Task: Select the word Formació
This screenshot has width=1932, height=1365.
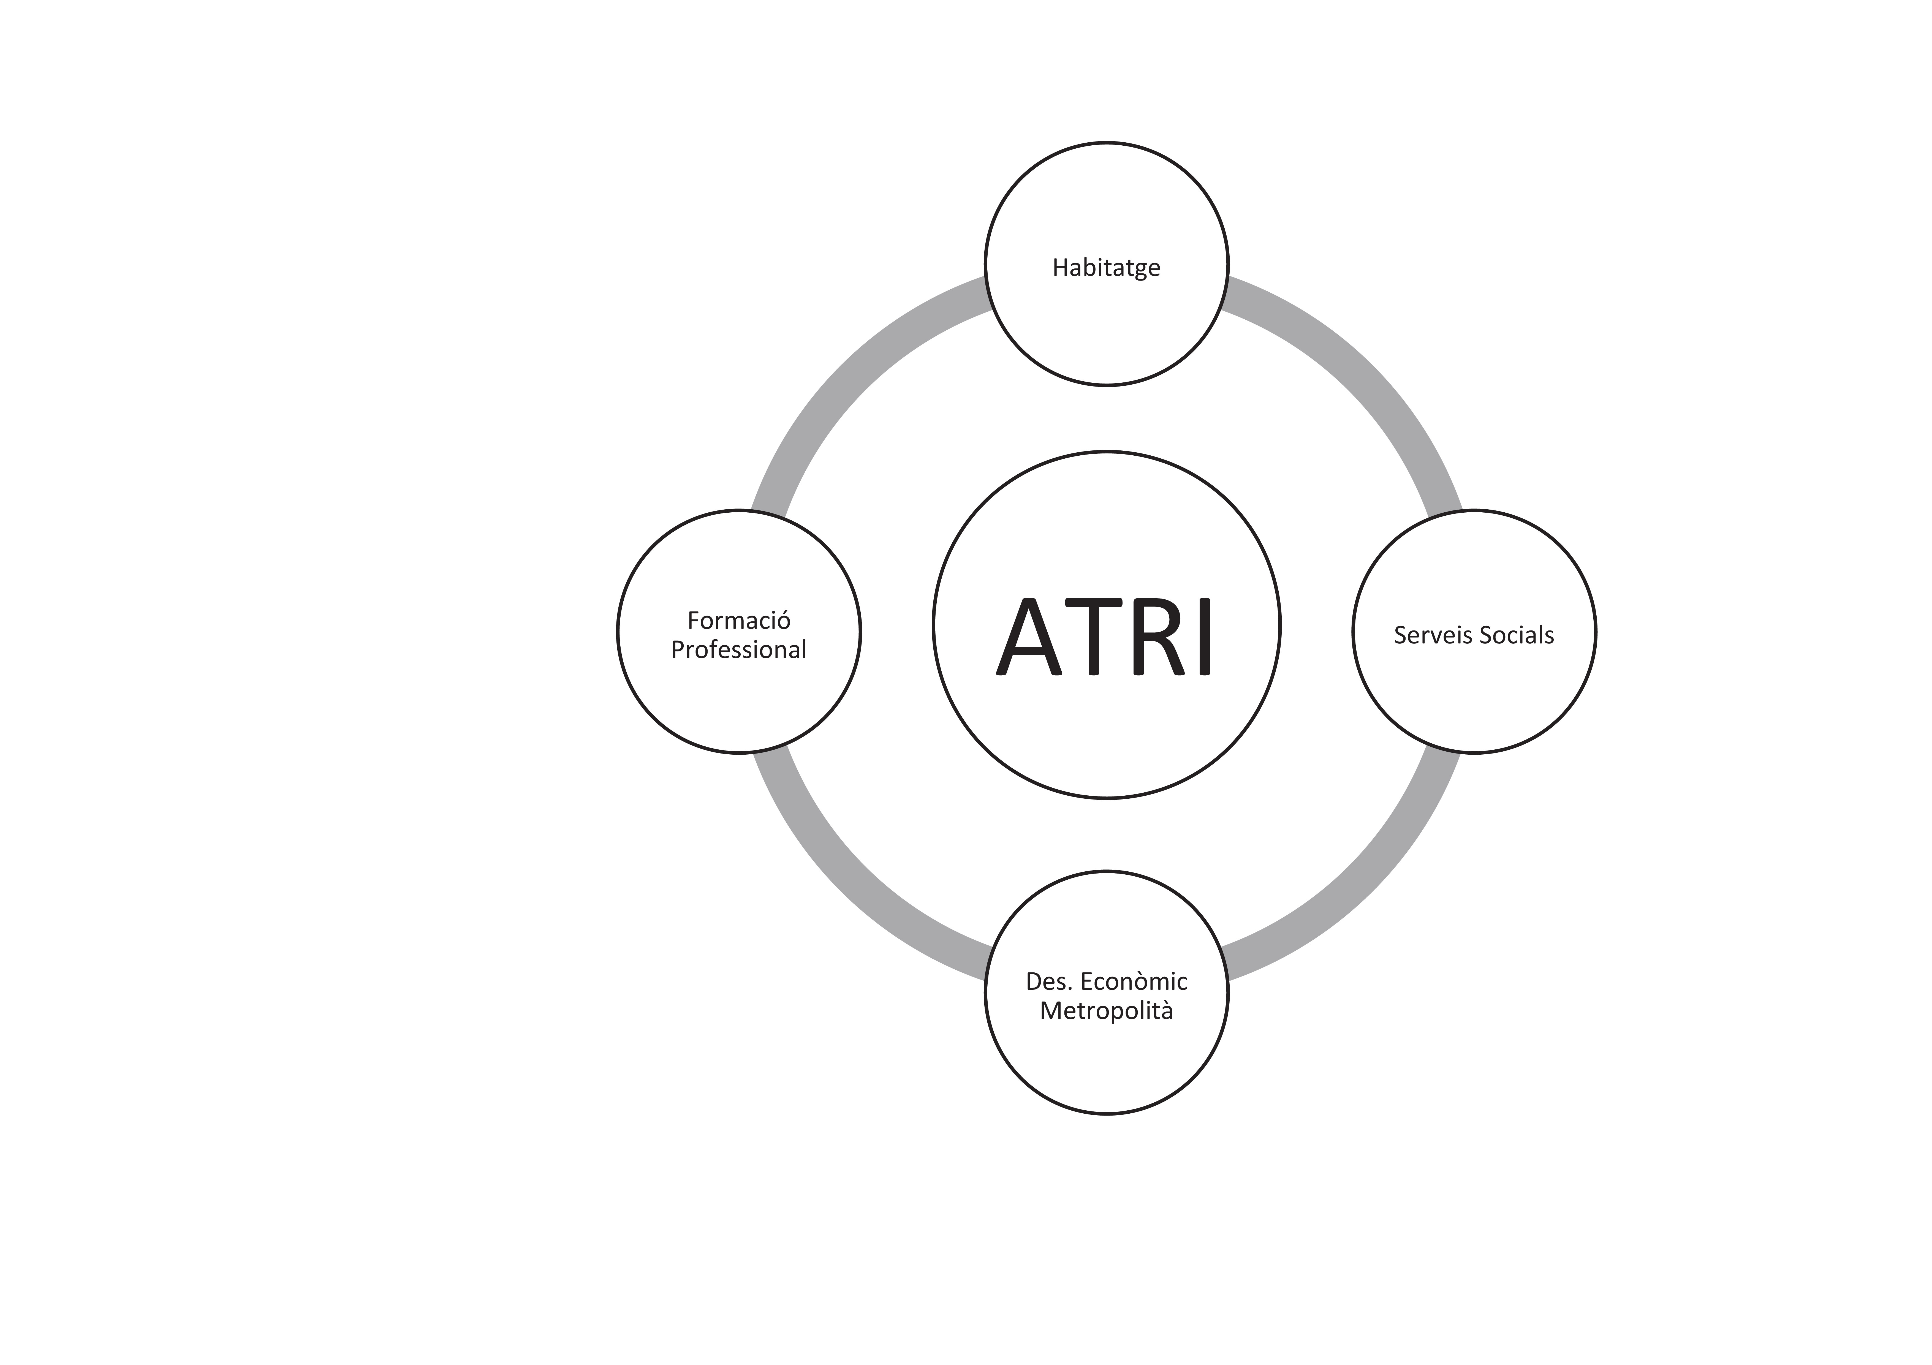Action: click(739, 620)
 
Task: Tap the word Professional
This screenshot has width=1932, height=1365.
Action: click(739, 650)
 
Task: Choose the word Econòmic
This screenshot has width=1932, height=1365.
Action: click(1134, 981)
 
